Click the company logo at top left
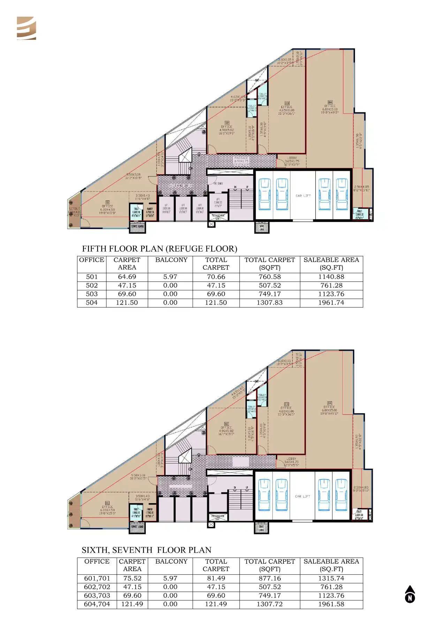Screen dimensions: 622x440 point(26,28)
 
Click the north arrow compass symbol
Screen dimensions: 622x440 point(410,594)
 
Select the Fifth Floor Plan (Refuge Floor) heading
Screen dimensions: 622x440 point(159,248)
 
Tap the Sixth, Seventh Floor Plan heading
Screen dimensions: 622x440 point(146,550)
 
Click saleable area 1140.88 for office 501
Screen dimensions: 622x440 point(331,277)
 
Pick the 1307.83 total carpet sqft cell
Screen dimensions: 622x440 point(270,302)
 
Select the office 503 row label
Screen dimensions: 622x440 point(92,294)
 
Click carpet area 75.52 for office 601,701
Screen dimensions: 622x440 point(132,578)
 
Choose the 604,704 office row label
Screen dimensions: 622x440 point(97,604)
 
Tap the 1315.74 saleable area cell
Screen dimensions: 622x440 point(331,578)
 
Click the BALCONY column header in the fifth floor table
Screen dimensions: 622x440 point(171,260)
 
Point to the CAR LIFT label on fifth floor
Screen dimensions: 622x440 point(303,196)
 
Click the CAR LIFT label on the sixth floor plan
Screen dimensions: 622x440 point(302,496)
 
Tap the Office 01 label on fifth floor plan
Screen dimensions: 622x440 point(107,206)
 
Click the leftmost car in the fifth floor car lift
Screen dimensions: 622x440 point(265,194)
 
